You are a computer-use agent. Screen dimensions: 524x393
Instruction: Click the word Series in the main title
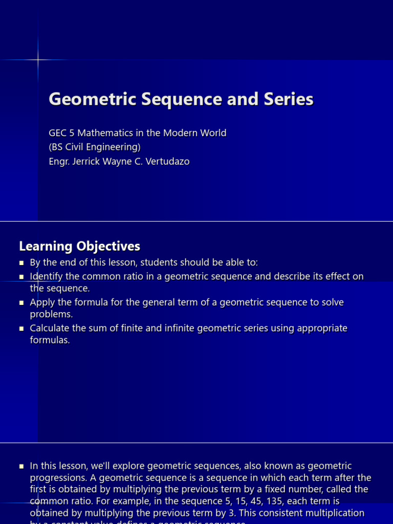288,99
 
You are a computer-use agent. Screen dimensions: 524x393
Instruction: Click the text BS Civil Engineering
94,147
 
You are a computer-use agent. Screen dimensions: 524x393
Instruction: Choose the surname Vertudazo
163,162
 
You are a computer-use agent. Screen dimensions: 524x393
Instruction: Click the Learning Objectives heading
79,247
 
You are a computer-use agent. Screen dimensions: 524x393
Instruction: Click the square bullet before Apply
21,303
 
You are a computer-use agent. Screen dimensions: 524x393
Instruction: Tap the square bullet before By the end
21,263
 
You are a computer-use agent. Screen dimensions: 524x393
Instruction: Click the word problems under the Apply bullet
51,314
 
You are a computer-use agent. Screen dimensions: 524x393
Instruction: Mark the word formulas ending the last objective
50,340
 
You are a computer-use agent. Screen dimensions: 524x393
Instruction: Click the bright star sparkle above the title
38,60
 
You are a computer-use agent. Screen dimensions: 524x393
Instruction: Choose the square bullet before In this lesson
21,466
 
